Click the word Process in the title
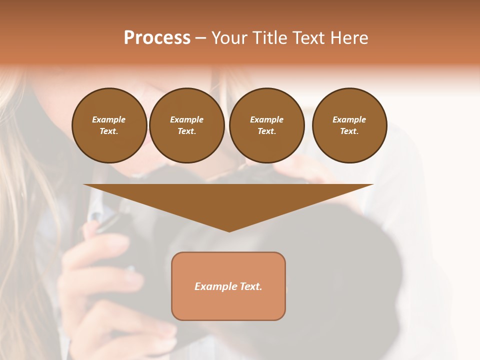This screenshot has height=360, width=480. click(x=157, y=38)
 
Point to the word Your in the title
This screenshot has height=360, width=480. click(x=229, y=38)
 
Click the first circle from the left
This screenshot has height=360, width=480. click(x=109, y=125)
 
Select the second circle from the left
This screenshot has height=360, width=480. click(x=186, y=125)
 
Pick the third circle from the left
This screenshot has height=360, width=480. click(x=266, y=125)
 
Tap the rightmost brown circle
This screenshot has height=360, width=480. click(x=349, y=125)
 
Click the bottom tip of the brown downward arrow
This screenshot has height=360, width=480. click(x=229, y=230)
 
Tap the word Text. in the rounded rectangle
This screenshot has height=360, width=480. click(x=251, y=286)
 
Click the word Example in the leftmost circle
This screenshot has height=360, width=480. click(x=109, y=119)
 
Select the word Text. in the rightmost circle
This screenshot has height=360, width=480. click(x=349, y=131)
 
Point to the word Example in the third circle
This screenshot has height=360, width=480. click(x=266, y=119)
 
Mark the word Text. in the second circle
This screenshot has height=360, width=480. click(x=186, y=131)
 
